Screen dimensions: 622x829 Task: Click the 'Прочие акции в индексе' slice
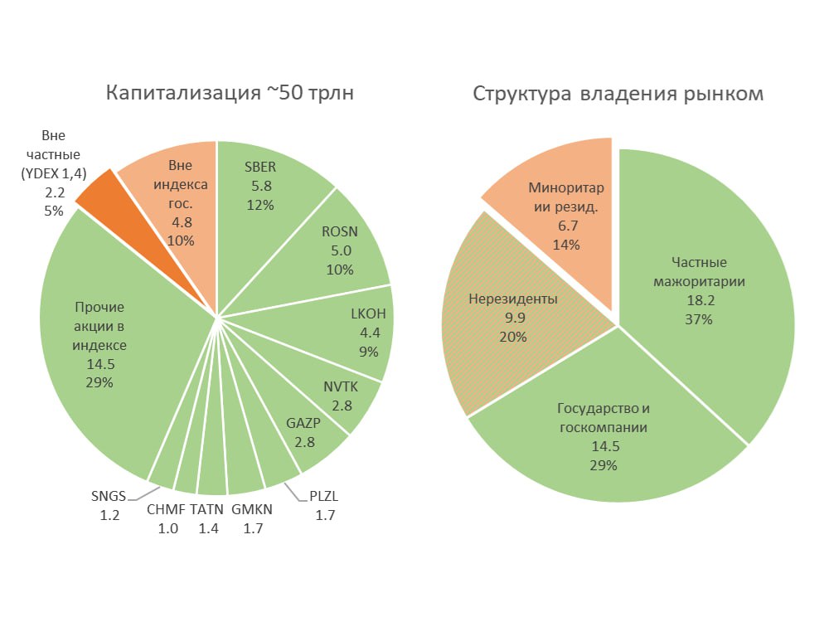[104, 344]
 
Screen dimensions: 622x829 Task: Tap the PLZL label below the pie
[324, 498]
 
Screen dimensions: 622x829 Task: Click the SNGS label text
[109, 497]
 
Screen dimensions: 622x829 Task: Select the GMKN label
[251, 510]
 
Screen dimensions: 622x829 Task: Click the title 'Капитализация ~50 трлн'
[230, 93]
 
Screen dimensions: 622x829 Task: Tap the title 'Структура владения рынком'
[618, 93]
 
